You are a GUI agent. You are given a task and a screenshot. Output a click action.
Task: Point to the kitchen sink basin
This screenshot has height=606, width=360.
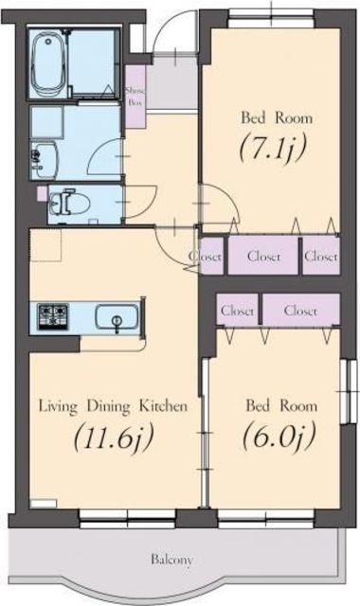pyautogui.click(x=117, y=318)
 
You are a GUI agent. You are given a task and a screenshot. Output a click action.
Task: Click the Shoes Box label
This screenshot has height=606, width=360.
pyautogui.click(x=135, y=95)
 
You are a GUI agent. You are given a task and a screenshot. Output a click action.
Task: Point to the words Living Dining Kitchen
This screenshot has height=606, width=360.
pyautogui.click(x=113, y=406)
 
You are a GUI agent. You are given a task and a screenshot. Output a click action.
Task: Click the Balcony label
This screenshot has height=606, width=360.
pyautogui.click(x=172, y=560)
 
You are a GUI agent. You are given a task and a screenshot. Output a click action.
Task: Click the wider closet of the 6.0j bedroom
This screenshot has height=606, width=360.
pyautogui.click(x=300, y=309)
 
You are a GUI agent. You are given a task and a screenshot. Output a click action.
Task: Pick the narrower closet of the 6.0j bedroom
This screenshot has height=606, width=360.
pyautogui.click(x=237, y=309)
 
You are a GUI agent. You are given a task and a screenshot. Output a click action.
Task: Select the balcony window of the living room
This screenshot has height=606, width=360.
pyautogui.click(x=127, y=516)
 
